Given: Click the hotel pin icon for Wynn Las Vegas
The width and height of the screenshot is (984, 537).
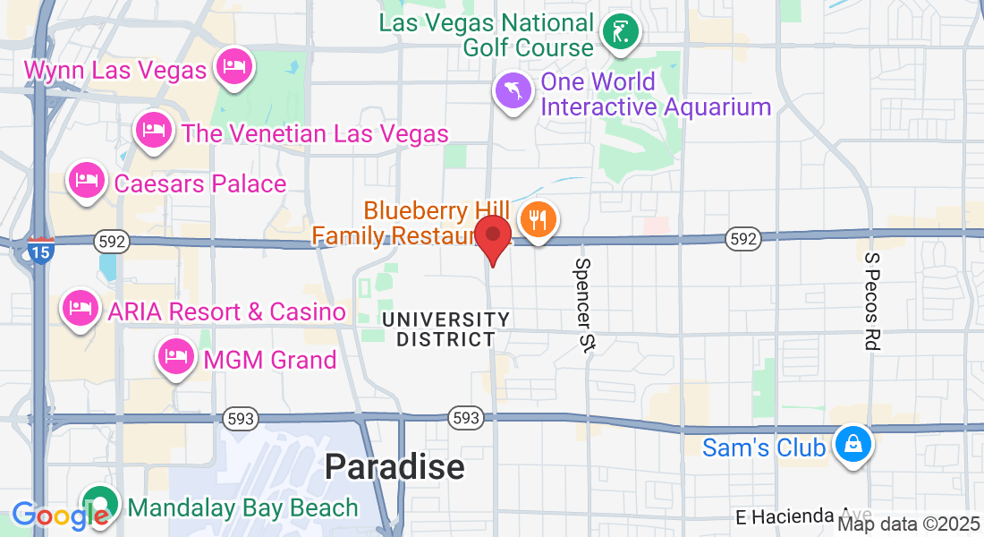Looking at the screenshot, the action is (x=234, y=68).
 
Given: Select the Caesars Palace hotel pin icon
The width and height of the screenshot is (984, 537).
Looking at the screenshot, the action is (x=88, y=182).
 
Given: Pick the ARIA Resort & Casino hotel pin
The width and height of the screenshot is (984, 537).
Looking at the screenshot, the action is (x=80, y=310).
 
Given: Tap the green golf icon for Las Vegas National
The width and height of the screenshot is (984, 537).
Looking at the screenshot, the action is (x=621, y=34).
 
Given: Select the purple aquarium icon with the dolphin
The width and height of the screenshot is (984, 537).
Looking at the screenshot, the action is (x=514, y=92).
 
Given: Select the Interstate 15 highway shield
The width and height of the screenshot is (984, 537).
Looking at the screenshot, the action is (x=40, y=249).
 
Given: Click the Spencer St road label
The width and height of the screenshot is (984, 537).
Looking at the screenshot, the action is (x=585, y=304).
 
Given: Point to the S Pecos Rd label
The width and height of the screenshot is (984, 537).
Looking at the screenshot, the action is (x=873, y=301).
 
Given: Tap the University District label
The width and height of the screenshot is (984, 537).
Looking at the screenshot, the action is (x=445, y=329).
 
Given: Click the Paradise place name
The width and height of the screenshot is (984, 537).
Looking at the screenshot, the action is (x=394, y=466).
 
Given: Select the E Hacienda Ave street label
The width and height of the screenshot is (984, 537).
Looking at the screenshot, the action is (x=787, y=517).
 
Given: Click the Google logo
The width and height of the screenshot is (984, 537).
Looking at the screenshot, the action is (x=59, y=515).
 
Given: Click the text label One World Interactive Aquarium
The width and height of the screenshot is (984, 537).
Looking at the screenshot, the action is (x=656, y=94).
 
